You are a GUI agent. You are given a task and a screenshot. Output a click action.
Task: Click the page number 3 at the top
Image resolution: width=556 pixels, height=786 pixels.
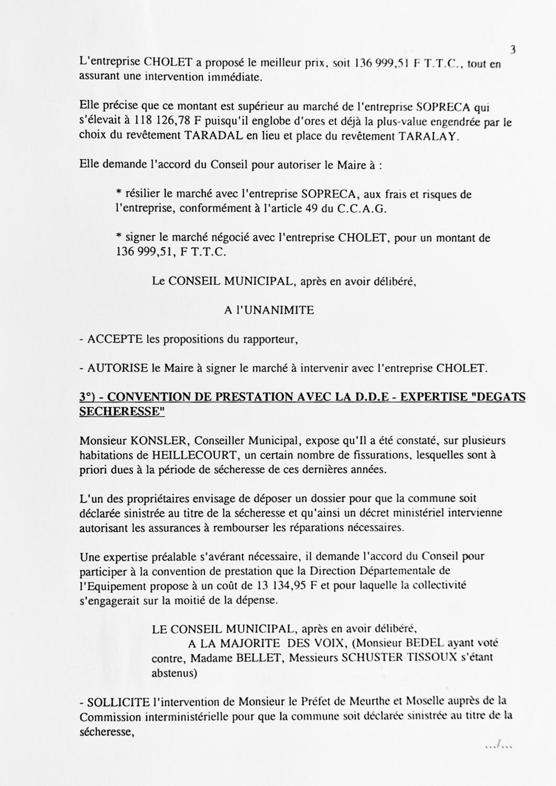(x=513, y=50)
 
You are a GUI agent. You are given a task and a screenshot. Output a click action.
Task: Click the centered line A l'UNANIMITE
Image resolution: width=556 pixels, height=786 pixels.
(x=269, y=310)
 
